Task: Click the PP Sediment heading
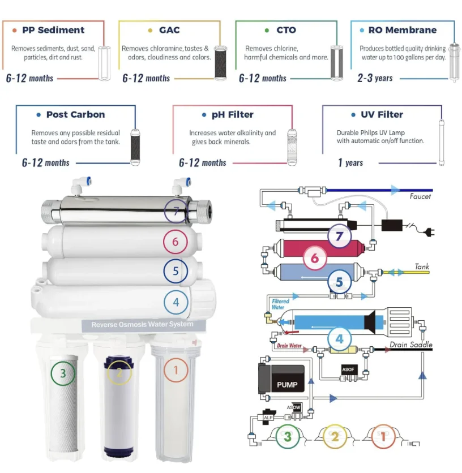click(53, 30)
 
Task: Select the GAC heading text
click(169, 30)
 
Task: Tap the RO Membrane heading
click(402, 30)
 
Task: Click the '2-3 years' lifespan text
click(375, 78)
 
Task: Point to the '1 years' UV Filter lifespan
click(350, 163)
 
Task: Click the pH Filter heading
click(232, 115)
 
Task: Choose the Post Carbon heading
click(75, 115)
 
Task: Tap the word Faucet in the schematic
click(420, 197)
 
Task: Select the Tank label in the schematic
click(422, 266)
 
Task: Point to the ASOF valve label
click(348, 369)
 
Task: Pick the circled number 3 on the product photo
click(63, 373)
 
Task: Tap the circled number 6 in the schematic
click(315, 259)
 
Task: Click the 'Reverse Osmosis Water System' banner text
click(142, 324)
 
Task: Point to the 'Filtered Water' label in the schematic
click(281, 305)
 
